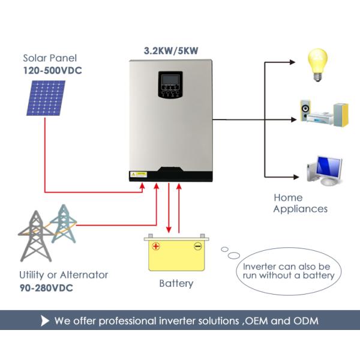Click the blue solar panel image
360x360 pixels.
[46, 97]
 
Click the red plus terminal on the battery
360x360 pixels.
[156, 246]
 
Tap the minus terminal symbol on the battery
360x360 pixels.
[197, 246]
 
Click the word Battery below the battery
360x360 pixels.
[176, 283]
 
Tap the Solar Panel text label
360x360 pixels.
[50, 58]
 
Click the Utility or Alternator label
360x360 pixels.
[64, 275]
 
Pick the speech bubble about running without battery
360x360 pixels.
[287, 271]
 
